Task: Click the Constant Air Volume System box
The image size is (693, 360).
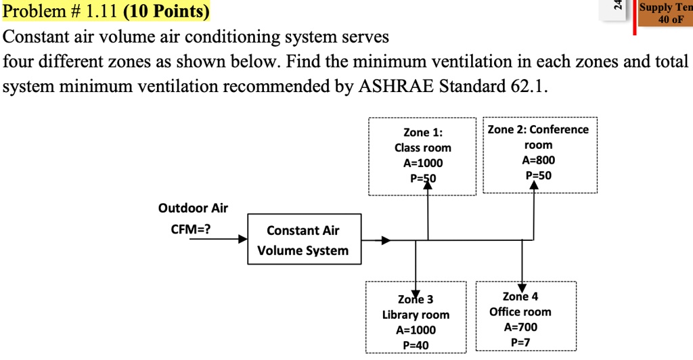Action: point(303,240)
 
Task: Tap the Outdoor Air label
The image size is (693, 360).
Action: point(193,208)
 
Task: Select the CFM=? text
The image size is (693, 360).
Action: point(190,229)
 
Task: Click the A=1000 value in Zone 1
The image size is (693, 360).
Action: point(423,163)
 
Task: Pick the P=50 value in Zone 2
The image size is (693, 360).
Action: point(538,175)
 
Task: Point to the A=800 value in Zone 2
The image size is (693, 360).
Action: point(538,160)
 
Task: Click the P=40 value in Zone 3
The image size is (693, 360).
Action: point(416,345)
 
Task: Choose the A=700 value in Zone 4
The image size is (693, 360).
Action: point(520,327)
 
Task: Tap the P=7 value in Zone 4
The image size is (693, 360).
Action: point(520,342)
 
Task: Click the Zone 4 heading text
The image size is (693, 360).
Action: point(520,296)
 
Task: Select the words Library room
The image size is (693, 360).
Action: point(416,315)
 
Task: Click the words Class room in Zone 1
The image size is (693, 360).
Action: point(423,148)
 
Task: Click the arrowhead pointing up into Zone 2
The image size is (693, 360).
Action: point(534,186)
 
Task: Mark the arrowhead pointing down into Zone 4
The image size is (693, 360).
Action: point(522,287)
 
